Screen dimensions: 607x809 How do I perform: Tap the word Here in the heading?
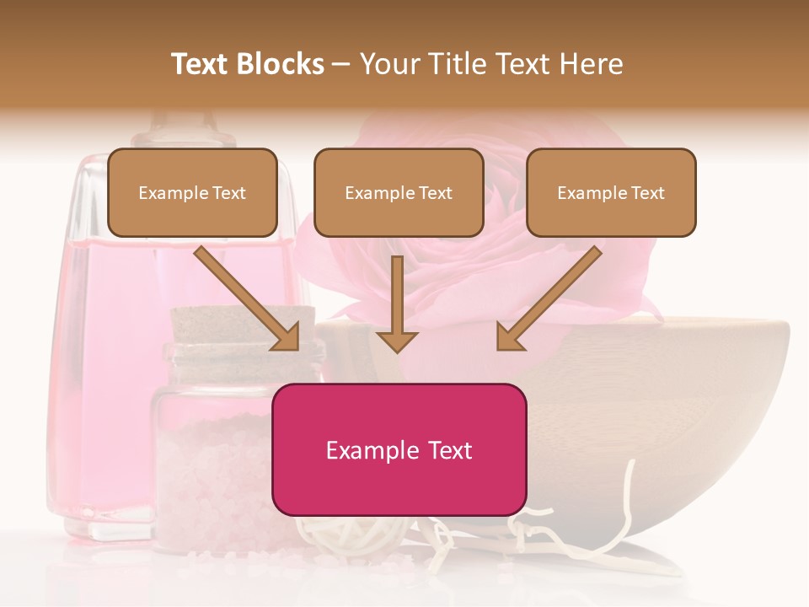pyautogui.click(x=591, y=64)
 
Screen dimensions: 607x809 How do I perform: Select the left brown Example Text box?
pyautogui.click(x=192, y=192)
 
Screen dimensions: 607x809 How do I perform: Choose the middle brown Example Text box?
pyautogui.click(x=399, y=192)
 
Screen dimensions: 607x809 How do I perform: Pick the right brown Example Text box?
pyautogui.click(x=611, y=192)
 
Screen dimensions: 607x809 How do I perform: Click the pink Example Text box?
pyautogui.click(x=399, y=449)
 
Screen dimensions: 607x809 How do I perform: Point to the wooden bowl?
pyautogui.click(x=674, y=396)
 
